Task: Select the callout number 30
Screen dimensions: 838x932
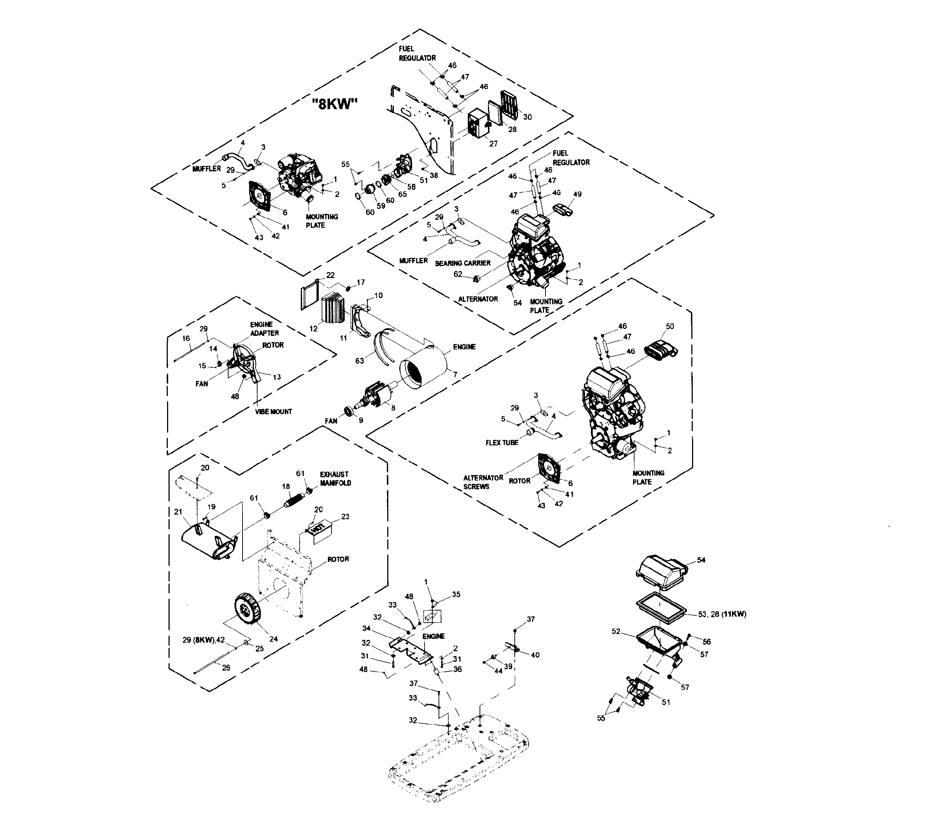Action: click(x=527, y=117)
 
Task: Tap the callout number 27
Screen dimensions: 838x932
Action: click(x=493, y=144)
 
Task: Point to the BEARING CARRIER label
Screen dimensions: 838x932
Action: click(x=463, y=263)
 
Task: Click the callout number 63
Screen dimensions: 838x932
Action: click(x=359, y=360)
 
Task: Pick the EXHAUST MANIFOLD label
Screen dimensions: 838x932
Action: click(x=335, y=478)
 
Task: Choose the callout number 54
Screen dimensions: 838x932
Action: click(x=701, y=560)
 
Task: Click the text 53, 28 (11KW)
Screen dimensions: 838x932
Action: click(x=722, y=614)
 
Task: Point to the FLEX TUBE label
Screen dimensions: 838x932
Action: click(x=502, y=442)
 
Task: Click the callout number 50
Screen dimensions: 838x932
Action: click(x=670, y=326)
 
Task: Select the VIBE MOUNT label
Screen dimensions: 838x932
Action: click(x=274, y=412)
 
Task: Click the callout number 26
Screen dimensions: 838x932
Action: click(x=226, y=668)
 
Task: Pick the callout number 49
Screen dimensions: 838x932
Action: click(x=577, y=194)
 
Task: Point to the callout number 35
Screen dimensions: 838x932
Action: click(x=456, y=594)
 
